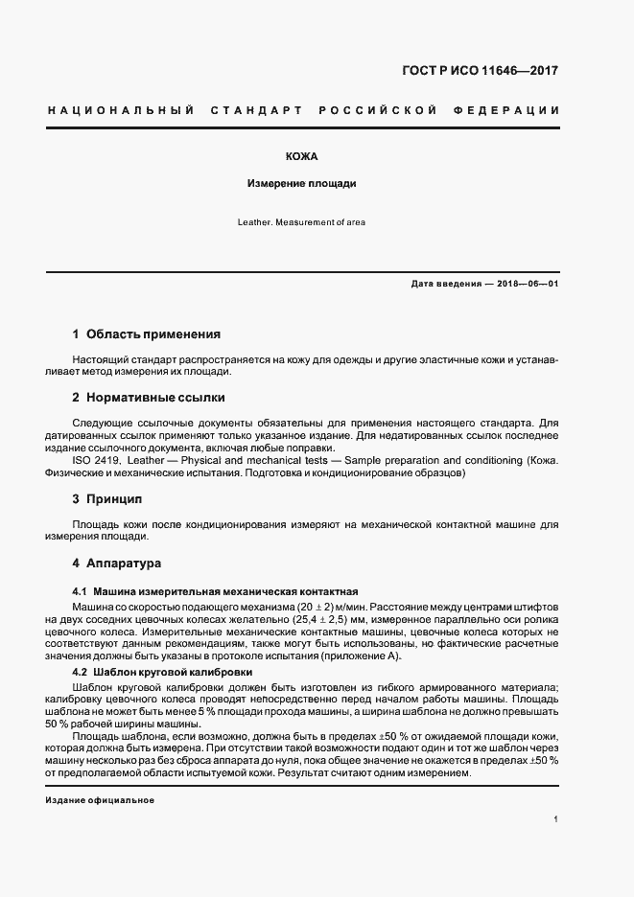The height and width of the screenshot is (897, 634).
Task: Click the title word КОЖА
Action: pos(301,156)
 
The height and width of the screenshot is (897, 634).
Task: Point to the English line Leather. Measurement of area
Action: pos(301,222)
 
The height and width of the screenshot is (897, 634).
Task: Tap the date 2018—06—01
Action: pos(526,285)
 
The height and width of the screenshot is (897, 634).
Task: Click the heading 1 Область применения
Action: pos(147,334)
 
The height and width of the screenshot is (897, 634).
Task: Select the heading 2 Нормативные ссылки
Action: pos(149,397)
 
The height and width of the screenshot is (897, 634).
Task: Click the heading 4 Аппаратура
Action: pos(117,563)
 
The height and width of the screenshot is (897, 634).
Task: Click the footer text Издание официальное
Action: pos(100,800)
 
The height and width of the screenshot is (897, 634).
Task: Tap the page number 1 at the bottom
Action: pos(556,819)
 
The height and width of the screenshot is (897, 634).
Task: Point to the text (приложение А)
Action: pos(357,655)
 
